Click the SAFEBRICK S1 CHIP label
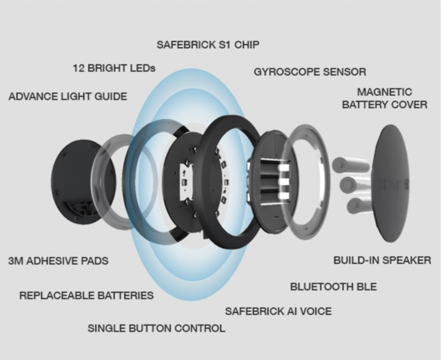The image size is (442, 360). [208, 45]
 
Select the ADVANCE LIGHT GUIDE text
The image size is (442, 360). [67, 97]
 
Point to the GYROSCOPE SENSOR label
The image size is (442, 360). [310, 72]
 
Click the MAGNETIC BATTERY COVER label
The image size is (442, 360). [384, 98]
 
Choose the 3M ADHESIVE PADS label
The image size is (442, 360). [58, 261]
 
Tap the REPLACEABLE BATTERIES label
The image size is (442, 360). [86, 295]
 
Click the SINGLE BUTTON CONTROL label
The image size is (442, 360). [156, 328]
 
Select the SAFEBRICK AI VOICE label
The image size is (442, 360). [278, 311]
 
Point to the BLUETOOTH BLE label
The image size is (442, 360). [333, 287]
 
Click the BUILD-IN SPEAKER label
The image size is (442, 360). [382, 260]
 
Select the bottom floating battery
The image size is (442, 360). [357, 205]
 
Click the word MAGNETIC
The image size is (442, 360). [384, 92]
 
